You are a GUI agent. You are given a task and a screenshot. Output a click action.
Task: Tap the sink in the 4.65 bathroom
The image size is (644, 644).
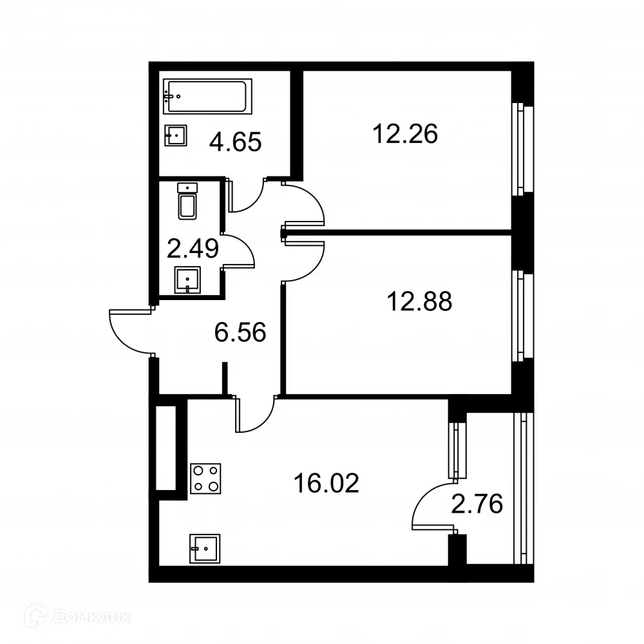pyautogui.click(x=176, y=135)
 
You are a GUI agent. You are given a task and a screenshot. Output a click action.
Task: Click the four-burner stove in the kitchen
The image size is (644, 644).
pyautogui.click(x=205, y=478)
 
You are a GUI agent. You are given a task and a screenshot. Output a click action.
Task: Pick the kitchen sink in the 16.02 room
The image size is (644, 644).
pyautogui.click(x=204, y=549)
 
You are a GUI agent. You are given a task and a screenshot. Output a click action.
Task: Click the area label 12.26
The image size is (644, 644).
pyautogui.click(x=405, y=134)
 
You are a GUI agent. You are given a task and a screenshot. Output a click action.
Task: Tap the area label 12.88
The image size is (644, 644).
pyautogui.click(x=419, y=301)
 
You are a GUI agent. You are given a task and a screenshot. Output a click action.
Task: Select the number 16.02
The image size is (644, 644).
pyautogui.click(x=325, y=482)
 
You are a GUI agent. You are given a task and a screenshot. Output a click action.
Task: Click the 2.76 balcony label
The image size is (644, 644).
pyautogui.click(x=477, y=503)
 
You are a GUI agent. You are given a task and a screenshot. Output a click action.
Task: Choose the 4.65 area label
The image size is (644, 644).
pyautogui.click(x=235, y=141)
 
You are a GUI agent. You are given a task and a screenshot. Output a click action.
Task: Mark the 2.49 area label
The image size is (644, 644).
pyautogui.click(x=193, y=248)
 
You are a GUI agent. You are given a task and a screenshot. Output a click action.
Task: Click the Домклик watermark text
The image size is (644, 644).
pyautogui.click(x=90, y=617)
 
